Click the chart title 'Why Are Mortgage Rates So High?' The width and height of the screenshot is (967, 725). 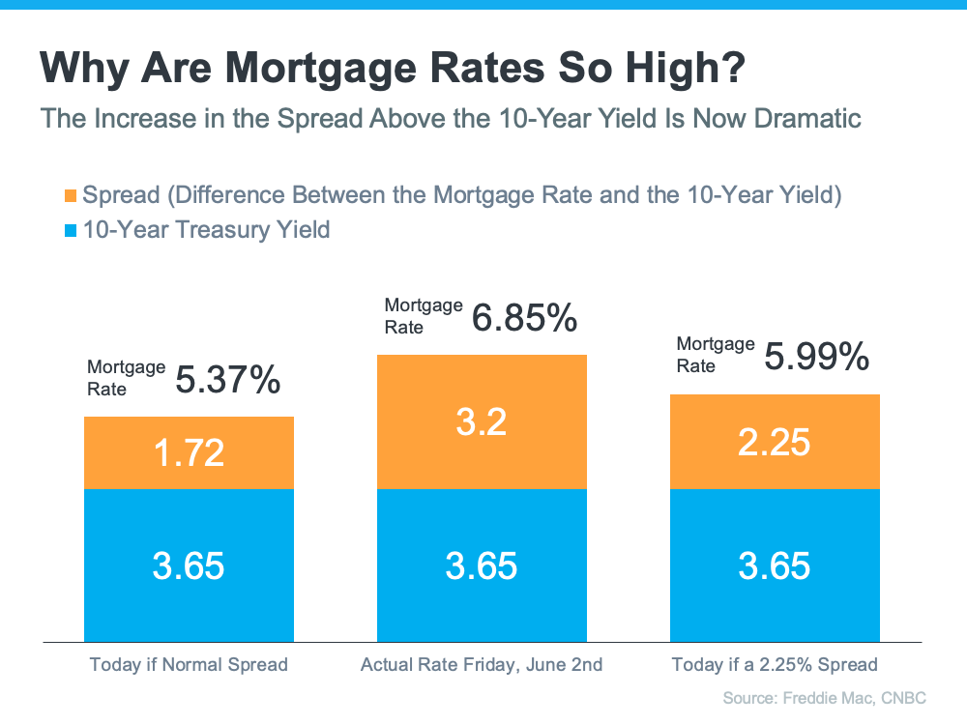[x=393, y=68]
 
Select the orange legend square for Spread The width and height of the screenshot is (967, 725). [x=71, y=196]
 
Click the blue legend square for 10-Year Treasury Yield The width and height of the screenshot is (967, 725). [x=71, y=231]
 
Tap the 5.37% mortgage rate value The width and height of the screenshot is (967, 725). [x=228, y=379]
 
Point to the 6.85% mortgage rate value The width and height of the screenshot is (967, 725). [x=524, y=318]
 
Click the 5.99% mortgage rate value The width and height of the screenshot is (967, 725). [x=816, y=357]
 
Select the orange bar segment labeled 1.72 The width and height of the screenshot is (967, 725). [x=189, y=453]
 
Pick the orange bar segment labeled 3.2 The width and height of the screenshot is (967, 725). [x=482, y=422]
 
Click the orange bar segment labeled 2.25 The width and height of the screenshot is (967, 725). [x=775, y=442]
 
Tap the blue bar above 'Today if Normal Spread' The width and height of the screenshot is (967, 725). [x=189, y=565]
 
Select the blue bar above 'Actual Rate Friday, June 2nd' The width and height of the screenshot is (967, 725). [x=482, y=565]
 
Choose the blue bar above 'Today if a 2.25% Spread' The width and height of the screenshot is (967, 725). [x=775, y=565]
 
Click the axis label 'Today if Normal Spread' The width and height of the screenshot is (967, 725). [x=189, y=665]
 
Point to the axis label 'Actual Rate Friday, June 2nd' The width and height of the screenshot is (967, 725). [x=482, y=665]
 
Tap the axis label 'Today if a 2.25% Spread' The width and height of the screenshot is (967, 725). [x=775, y=665]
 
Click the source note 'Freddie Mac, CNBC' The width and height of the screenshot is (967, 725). [x=854, y=698]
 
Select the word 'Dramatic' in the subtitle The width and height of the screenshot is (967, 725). [x=807, y=118]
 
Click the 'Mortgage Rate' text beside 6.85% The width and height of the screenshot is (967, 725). [x=424, y=316]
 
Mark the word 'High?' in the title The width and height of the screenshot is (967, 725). [x=686, y=68]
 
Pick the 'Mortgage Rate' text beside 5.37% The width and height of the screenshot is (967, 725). [x=126, y=378]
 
